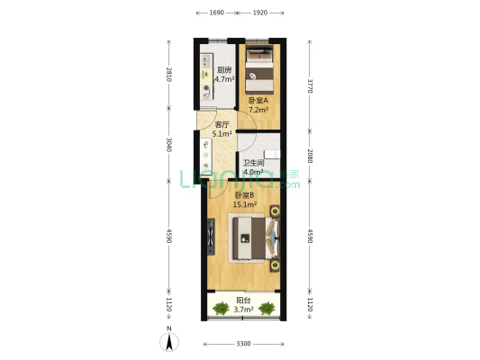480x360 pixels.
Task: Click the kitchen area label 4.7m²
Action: click(x=224, y=79)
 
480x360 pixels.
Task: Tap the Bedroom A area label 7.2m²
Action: click(x=258, y=110)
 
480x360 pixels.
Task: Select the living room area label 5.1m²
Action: click(x=222, y=133)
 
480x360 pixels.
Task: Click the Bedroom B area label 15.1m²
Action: click(x=245, y=204)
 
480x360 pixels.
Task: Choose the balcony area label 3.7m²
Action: click(x=243, y=310)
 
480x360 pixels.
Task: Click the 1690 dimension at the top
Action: click(x=216, y=13)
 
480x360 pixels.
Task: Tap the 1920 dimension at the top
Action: click(x=260, y=13)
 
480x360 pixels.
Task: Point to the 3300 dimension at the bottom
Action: click(x=242, y=344)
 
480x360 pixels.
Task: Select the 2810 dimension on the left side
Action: click(x=168, y=74)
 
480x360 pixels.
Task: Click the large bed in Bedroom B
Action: click(x=256, y=238)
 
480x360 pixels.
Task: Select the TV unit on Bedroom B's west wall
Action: click(x=212, y=238)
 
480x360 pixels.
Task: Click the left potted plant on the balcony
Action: click(x=220, y=309)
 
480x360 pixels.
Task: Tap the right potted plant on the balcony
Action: click(x=267, y=309)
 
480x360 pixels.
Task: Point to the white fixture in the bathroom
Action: click(x=271, y=153)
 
